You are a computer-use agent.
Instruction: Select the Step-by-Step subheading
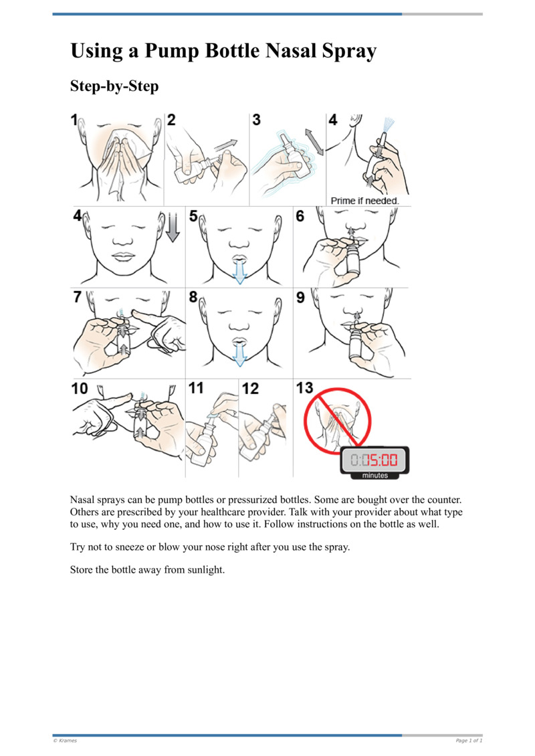pyautogui.click(x=114, y=86)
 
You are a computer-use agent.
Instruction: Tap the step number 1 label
pyautogui.click(x=74, y=121)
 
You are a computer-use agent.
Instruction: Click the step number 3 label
pyautogui.click(x=256, y=120)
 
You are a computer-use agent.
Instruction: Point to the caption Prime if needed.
pyautogui.click(x=364, y=200)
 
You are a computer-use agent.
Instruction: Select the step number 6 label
pyautogui.click(x=300, y=216)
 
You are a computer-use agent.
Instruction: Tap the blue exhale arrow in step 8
pyautogui.click(x=239, y=352)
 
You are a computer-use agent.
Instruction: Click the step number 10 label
pyautogui.click(x=80, y=388)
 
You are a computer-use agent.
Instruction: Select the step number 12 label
pyautogui.click(x=250, y=388)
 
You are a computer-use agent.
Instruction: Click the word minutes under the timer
pyautogui.click(x=374, y=476)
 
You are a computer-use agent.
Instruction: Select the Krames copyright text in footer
pyautogui.click(x=65, y=741)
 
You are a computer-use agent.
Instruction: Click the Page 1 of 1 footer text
pyautogui.click(x=468, y=741)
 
